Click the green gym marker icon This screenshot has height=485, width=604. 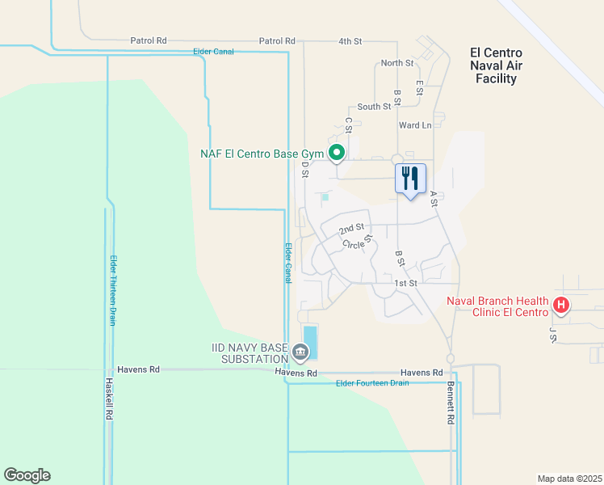(x=337, y=152)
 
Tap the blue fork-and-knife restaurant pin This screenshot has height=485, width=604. (x=410, y=179)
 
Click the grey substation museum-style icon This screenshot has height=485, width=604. (x=300, y=352)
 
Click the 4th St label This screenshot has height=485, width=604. (x=350, y=40)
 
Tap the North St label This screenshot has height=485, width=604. (x=396, y=63)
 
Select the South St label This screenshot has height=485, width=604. (x=374, y=107)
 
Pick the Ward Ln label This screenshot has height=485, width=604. (x=415, y=125)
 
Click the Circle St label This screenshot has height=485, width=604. (x=356, y=242)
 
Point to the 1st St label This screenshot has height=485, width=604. (x=405, y=283)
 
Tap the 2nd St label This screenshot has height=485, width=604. (x=351, y=230)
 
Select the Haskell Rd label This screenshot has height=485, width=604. (x=107, y=401)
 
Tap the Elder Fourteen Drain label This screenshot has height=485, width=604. (x=372, y=382)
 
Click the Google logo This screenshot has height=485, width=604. (x=27, y=475)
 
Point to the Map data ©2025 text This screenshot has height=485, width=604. (x=569, y=479)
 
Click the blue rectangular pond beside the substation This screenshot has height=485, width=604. (x=310, y=341)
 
